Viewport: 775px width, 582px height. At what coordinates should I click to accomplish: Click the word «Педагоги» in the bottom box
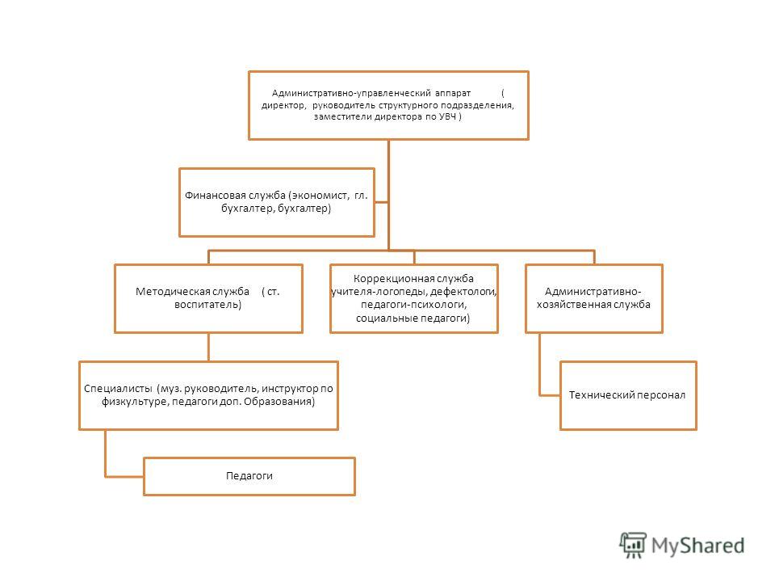[x=249, y=476]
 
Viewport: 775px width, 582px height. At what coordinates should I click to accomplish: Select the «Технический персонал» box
[x=628, y=395]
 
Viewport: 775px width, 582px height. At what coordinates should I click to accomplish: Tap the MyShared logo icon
[x=633, y=545]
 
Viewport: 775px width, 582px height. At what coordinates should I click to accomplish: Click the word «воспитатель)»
[x=207, y=305]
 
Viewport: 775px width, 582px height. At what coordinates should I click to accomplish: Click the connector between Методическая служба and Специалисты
[x=208, y=347]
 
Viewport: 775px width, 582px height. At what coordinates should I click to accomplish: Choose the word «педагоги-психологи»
[x=413, y=305]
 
